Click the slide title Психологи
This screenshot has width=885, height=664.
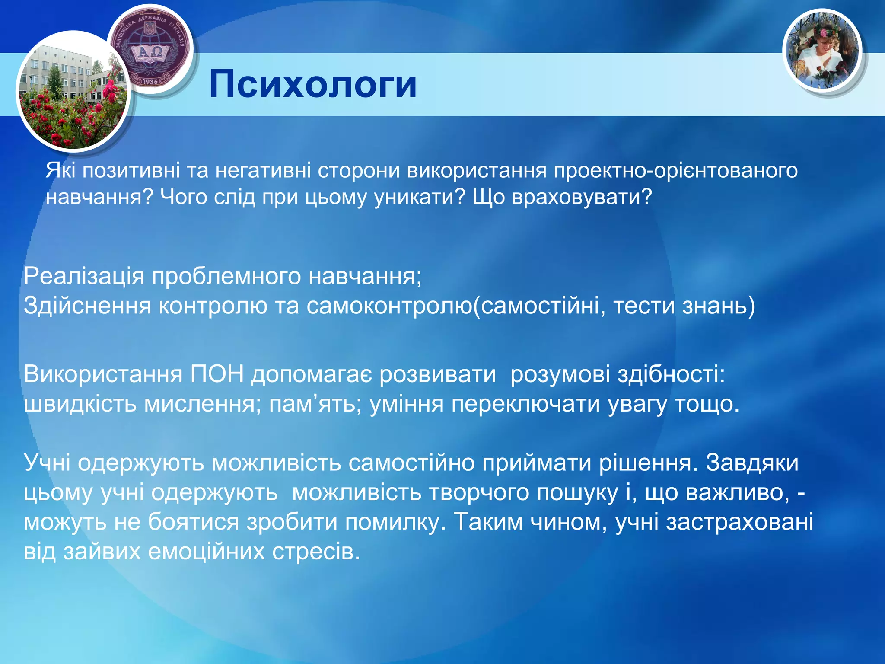313,84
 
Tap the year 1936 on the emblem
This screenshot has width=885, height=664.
150,81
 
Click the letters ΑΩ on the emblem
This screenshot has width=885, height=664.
150,53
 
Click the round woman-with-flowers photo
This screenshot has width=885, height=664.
822,51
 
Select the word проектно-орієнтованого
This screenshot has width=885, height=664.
675,170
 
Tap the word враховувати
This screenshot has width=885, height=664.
582,198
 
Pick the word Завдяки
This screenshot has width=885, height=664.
752,463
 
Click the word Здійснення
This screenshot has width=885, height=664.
87,306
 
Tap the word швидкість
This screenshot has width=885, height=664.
80,404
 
